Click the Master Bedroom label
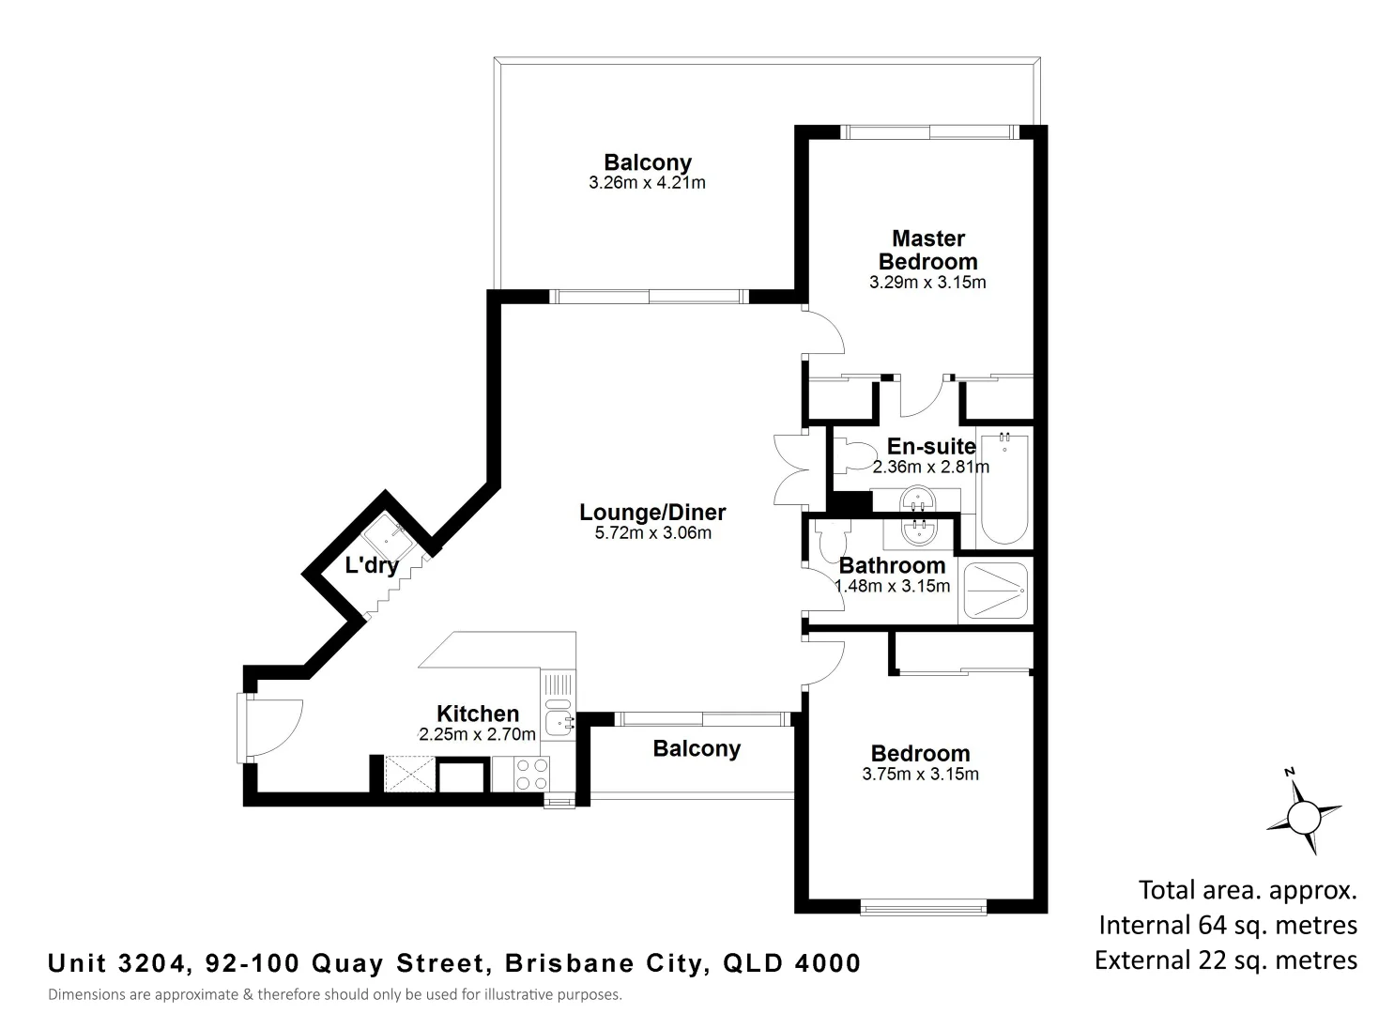tap(927, 250)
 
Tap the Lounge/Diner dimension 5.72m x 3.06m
tap(652, 533)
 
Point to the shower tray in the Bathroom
tap(995, 591)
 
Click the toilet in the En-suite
tap(851, 456)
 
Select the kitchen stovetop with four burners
tap(533, 774)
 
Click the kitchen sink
tap(559, 722)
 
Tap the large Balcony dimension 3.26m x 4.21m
tap(647, 183)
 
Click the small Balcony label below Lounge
tap(697, 748)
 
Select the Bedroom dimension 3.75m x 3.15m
tap(920, 775)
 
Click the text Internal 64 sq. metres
tap(1228, 925)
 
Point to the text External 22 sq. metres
tap(1226, 960)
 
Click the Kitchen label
tap(478, 714)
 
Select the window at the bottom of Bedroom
tap(924, 906)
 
